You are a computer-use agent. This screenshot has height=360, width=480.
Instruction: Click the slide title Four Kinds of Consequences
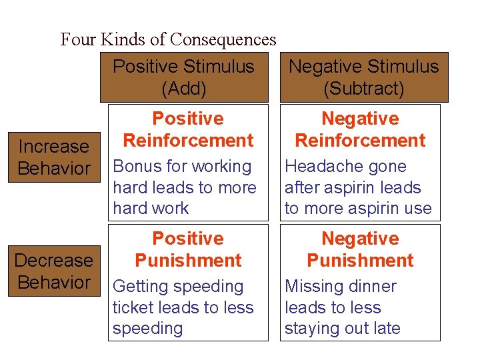pyautogui.click(x=168, y=39)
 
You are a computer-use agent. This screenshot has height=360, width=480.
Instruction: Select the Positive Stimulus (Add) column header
pyautogui.click(x=183, y=77)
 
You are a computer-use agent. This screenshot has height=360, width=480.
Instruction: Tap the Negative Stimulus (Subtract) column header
pyautogui.click(x=363, y=77)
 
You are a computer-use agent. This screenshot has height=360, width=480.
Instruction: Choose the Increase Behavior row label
pyautogui.click(x=53, y=157)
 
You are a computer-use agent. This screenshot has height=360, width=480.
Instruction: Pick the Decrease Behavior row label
pyautogui.click(x=53, y=271)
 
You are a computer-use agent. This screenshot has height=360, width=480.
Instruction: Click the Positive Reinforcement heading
pyautogui.click(x=188, y=129)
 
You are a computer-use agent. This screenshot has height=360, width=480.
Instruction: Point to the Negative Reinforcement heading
pyautogui.click(x=360, y=129)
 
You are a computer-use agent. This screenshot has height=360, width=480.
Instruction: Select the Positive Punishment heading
pyautogui.click(x=188, y=249)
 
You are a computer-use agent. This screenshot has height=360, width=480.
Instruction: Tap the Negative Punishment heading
pyautogui.click(x=360, y=249)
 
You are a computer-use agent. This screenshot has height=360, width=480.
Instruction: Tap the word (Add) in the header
pyautogui.click(x=184, y=88)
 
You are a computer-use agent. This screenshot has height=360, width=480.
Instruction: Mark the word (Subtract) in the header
pyautogui.click(x=363, y=88)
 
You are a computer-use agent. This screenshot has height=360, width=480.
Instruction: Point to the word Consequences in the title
pyautogui.click(x=223, y=39)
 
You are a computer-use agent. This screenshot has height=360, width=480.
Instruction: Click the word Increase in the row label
pyautogui.click(x=53, y=147)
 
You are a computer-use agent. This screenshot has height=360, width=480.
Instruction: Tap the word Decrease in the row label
pyautogui.click(x=53, y=260)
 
